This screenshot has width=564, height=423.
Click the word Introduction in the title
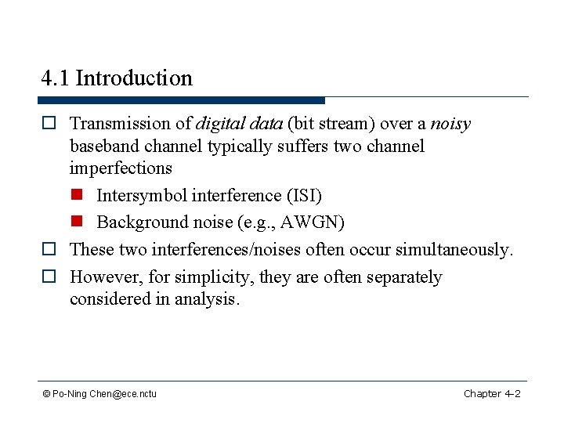134,78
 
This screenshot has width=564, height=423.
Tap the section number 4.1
56,78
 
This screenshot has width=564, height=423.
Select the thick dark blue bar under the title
181,100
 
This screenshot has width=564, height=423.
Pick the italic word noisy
450,124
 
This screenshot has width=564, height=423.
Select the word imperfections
121,168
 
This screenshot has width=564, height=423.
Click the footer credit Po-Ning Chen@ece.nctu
99,393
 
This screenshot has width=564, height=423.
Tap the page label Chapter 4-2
492,393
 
